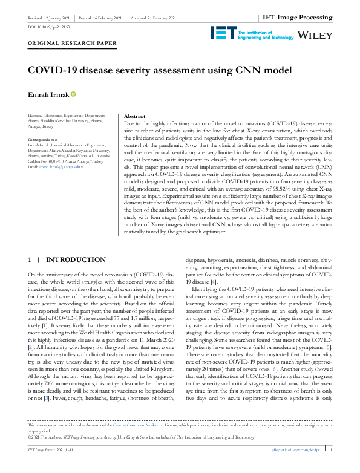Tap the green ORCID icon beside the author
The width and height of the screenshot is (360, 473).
pyautogui.click(x=74, y=94)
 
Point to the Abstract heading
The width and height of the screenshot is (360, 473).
pyautogui.click(x=117, y=116)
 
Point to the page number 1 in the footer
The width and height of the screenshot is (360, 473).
pyautogui.click(x=330, y=466)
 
